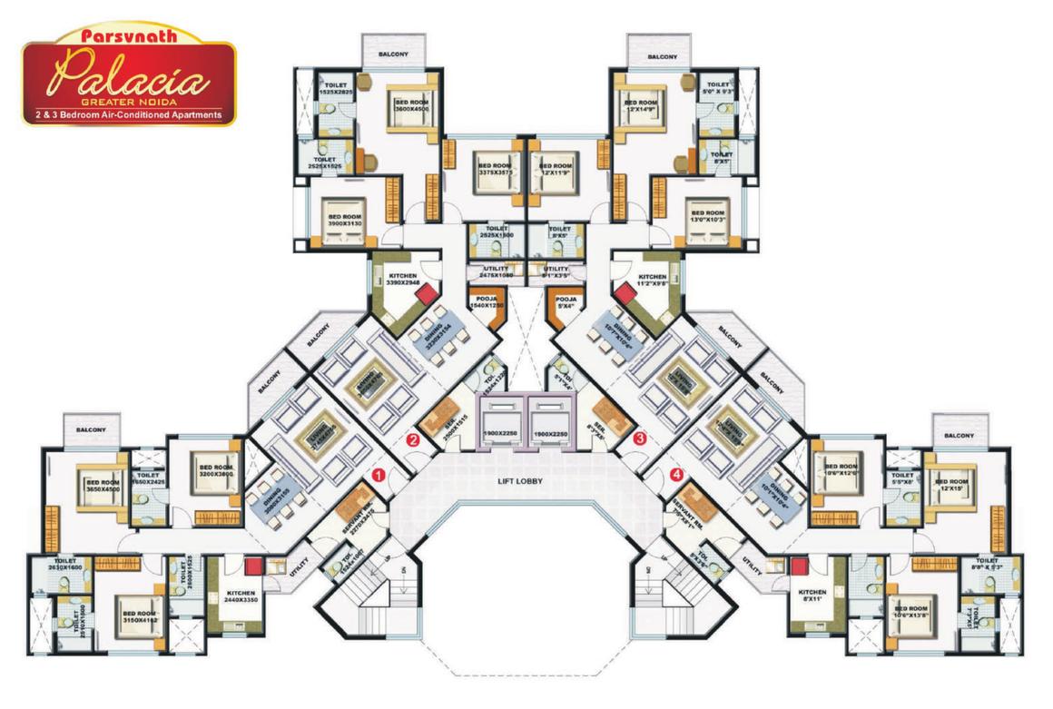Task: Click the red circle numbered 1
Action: tap(379, 474)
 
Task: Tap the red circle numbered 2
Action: tap(413, 440)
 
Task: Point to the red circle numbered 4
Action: tap(675, 474)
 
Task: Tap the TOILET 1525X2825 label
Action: tap(332, 88)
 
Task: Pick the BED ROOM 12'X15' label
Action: tap(952, 485)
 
